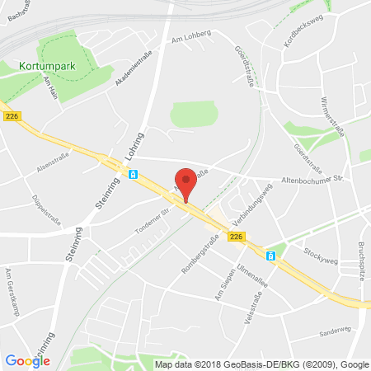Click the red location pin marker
(x=187, y=181)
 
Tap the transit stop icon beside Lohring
(x=133, y=174)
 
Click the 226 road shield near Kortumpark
(x=12, y=116)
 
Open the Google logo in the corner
(x=27, y=359)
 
